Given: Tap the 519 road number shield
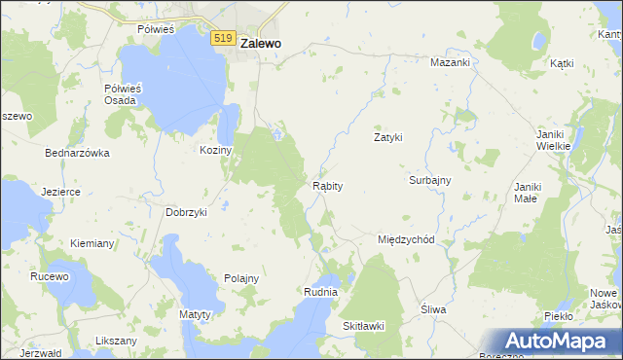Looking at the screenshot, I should [223, 38].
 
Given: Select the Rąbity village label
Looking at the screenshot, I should [326, 185].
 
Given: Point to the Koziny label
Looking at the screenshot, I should [215, 150].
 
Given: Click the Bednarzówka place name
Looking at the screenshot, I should [77, 153].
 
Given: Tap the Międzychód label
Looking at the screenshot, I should [412, 239].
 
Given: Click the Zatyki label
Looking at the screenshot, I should [388, 137].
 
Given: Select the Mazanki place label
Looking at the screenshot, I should [451, 62].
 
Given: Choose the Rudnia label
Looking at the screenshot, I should [320, 291].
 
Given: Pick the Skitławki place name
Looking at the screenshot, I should [363, 326].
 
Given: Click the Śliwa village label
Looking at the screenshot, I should [433, 309].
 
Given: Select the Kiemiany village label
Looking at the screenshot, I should [93, 242].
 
